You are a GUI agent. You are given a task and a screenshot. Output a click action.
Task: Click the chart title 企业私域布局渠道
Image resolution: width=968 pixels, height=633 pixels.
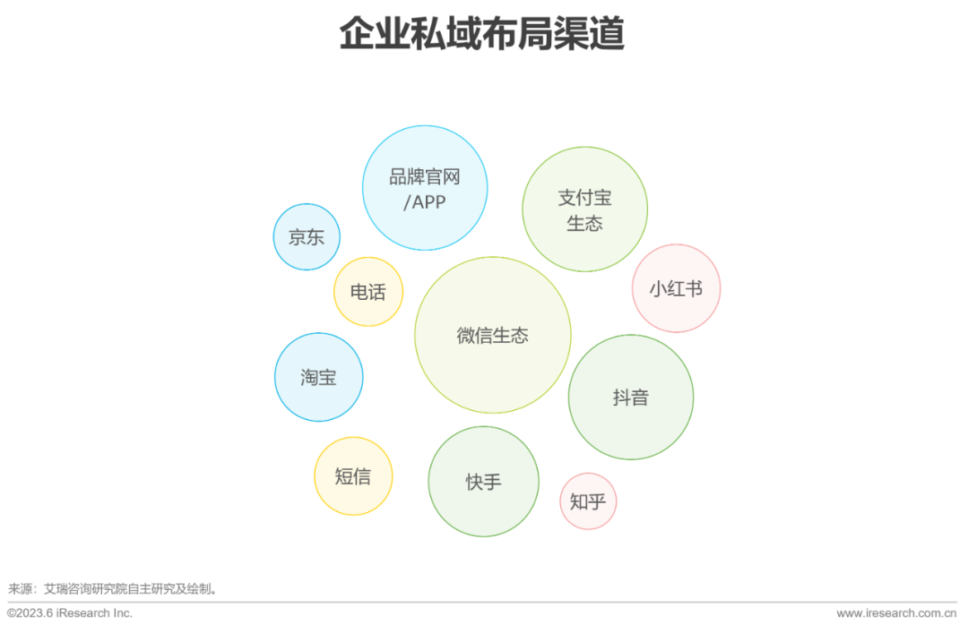(481, 35)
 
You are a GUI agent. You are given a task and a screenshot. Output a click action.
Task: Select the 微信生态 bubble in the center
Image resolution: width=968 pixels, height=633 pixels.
(492, 336)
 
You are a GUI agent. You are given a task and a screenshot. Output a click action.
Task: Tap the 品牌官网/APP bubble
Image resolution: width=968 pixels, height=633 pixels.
(425, 188)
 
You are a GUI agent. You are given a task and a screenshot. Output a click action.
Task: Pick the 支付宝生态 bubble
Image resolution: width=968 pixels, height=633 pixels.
(584, 210)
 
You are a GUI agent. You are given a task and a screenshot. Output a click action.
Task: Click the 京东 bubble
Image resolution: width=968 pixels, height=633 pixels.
(307, 237)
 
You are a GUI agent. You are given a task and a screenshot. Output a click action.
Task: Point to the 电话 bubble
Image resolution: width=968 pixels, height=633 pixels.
(367, 292)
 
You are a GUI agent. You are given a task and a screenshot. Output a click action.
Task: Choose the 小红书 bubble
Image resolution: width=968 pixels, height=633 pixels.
(676, 288)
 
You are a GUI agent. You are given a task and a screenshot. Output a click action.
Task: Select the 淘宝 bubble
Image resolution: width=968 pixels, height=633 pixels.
(318, 377)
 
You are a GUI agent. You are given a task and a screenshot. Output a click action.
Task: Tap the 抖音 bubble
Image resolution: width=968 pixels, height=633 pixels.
(631, 398)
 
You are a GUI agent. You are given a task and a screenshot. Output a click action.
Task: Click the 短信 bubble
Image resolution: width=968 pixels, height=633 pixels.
(353, 476)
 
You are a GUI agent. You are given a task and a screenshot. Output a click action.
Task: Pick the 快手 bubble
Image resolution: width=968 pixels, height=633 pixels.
(483, 482)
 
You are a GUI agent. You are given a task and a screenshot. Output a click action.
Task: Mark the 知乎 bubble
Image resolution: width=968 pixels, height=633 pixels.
(588, 501)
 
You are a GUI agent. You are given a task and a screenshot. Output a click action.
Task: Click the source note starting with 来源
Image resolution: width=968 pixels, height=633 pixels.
(113, 589)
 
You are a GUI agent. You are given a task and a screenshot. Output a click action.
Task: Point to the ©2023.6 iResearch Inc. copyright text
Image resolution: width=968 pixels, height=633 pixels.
(70, 613)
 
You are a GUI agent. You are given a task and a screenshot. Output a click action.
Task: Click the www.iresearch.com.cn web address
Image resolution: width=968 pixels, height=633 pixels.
(896, 613)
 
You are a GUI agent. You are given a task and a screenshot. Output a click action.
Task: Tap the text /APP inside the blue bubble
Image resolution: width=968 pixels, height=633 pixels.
(424, 201)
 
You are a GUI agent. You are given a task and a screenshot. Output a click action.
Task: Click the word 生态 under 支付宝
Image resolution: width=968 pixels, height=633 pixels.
(584, 223)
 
